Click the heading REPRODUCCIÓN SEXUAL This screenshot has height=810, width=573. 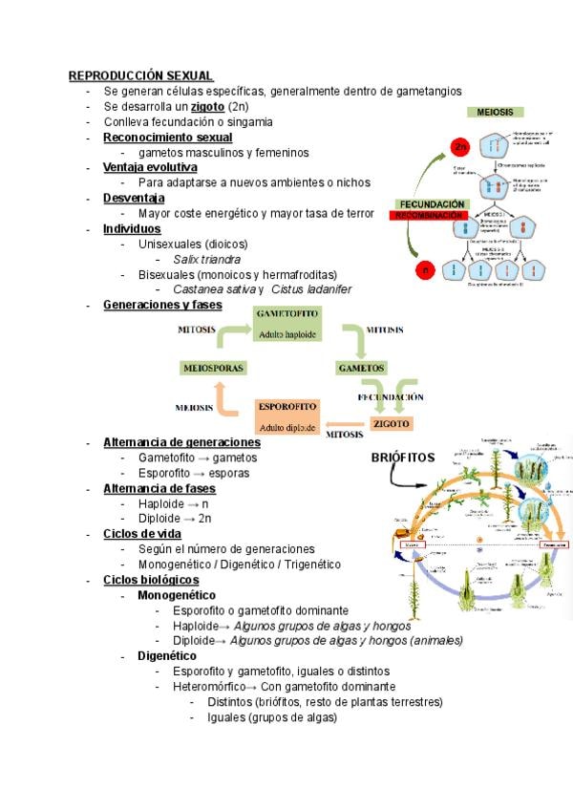[140, 75]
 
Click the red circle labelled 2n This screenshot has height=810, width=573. [461, 146]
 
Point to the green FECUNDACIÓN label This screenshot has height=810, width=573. [432, 204]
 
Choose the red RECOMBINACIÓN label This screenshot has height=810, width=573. [432, 216]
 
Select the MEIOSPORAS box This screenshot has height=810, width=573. [212, 368]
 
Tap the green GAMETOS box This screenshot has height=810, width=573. [361, 368]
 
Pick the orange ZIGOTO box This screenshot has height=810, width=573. [392, 423]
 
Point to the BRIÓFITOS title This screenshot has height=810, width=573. [402, 458]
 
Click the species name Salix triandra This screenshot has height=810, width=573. [206, 259]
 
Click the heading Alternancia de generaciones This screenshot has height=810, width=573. [181, 442]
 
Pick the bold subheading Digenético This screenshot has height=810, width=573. [167, 656]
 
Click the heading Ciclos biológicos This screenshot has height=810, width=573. [151, 580]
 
